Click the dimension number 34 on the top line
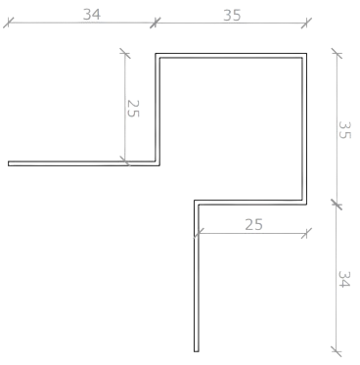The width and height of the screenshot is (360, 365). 91,14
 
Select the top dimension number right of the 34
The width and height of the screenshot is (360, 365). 232,14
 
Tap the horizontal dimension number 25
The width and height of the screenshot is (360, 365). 252,224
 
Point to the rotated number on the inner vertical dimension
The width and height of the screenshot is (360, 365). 134,108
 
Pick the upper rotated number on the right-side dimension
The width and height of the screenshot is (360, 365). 344,129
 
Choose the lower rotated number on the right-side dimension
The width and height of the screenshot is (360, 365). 344,279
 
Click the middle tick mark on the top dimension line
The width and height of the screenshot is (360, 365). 156,21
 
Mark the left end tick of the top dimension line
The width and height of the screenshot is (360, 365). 10,21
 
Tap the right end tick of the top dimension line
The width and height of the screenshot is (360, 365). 307,21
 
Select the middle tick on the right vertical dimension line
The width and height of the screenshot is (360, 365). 336,204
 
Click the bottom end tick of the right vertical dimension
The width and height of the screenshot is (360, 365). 336,350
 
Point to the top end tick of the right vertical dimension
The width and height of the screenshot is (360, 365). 336,54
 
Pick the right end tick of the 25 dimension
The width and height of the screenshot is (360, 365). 307,232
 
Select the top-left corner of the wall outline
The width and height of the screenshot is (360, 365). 157,56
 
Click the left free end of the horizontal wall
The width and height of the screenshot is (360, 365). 10,161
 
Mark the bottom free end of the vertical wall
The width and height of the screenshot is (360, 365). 197,349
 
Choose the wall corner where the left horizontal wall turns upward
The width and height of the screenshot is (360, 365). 157,161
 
